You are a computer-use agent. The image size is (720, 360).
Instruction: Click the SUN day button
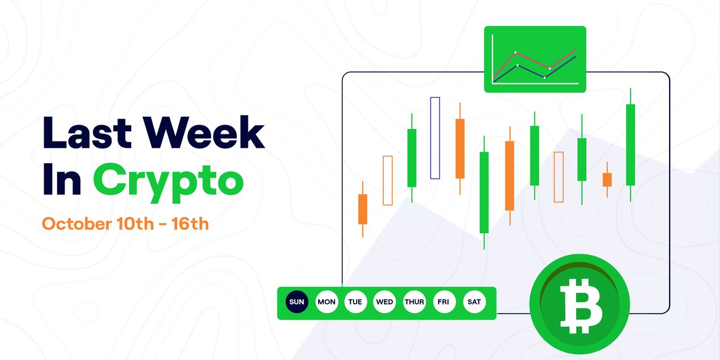tap(297, 302)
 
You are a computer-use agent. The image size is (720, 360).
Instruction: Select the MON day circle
tap(326, 302)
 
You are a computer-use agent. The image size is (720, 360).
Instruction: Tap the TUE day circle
tap(355, 302)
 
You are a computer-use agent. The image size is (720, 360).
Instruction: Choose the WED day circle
tap(384, 302)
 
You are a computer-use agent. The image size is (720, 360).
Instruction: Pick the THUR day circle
tap(414, 302)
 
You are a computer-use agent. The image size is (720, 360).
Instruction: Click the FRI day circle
tap(443, 302)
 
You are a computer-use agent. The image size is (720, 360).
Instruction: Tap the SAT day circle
tap(474, 302)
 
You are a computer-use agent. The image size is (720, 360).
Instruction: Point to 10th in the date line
tap(135, 224)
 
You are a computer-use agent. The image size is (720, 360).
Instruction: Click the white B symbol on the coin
tap(581, 306)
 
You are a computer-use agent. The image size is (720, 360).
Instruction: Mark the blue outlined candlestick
tap(435, 138)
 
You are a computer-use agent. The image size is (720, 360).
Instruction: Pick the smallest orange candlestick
tap(607, 179)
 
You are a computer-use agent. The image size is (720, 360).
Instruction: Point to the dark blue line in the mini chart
tap(560, 67)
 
